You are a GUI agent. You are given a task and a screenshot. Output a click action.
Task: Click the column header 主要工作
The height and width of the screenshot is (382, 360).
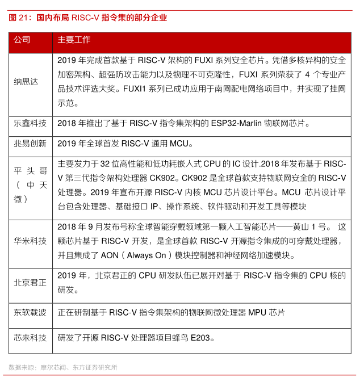[x=74, y=40]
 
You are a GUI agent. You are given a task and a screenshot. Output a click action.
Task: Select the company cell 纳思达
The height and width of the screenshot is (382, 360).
[x=26, y=82]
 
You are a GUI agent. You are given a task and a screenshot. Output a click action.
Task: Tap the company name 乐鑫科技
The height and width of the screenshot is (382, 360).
[x=30, y=123]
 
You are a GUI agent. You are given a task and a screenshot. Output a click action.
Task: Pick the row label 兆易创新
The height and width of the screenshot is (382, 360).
[x=30, y=144]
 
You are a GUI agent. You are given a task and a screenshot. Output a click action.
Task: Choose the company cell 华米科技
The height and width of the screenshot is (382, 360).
[x=30, y=241]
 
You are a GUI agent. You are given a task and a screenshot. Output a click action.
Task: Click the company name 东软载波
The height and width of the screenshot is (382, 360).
[x=30, y=313]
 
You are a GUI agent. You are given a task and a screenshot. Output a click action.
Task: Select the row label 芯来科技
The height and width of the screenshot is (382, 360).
[x=30, y=338]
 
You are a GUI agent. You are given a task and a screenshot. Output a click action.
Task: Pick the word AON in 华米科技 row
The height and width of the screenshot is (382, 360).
[x=110, y=255]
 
